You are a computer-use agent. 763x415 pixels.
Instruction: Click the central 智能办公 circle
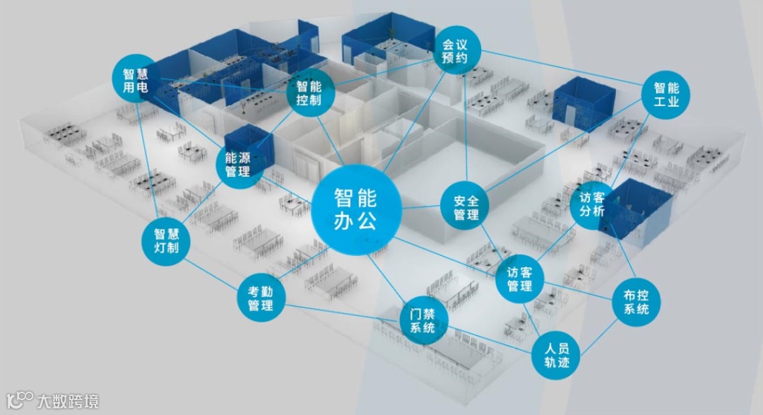pyautogui.click(x=356, y=210)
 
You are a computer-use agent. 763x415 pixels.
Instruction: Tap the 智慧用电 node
pyautogui.click(x=134, y=80)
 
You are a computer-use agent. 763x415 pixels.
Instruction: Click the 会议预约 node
pyautogui.click(x=456, y=52)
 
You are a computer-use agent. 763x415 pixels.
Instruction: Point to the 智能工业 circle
pyautogui.click(x=666, y=95)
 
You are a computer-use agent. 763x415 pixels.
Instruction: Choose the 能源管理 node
pyautogui.click(x=237, y=163)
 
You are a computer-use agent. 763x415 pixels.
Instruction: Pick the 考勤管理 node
pyautogui.click(x=260, y=297)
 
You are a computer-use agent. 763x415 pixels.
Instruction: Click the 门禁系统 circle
pyautogui.click(x=424, y=320)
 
